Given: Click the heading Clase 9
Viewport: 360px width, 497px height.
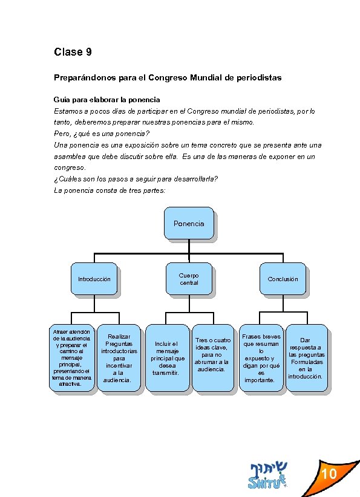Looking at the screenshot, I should (x=73, y=52).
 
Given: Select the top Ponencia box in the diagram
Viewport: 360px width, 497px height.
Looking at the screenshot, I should (x=189, y=224).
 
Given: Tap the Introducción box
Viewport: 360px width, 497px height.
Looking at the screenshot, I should (x=94, y=279).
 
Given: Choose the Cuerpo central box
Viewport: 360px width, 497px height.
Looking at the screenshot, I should (x=189, y=279).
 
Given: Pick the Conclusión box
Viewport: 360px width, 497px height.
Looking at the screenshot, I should (x=283, y=279).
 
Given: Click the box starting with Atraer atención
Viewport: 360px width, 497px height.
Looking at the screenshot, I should (x=72, y=358).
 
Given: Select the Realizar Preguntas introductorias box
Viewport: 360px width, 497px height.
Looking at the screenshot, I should (x=119, y=358).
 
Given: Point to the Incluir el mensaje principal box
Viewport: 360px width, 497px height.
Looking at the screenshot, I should (x=167, y=358).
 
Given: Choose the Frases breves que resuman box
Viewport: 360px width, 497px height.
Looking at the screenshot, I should (x=261, y=358).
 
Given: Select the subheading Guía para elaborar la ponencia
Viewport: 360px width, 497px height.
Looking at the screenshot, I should (x=107, y=99).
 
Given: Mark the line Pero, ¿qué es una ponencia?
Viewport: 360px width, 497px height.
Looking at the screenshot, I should (x=102, y=134).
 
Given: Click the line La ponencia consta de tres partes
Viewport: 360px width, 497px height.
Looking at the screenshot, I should (x=110, y=190).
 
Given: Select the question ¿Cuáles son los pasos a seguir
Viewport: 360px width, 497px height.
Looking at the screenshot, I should (x=136, y=179).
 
